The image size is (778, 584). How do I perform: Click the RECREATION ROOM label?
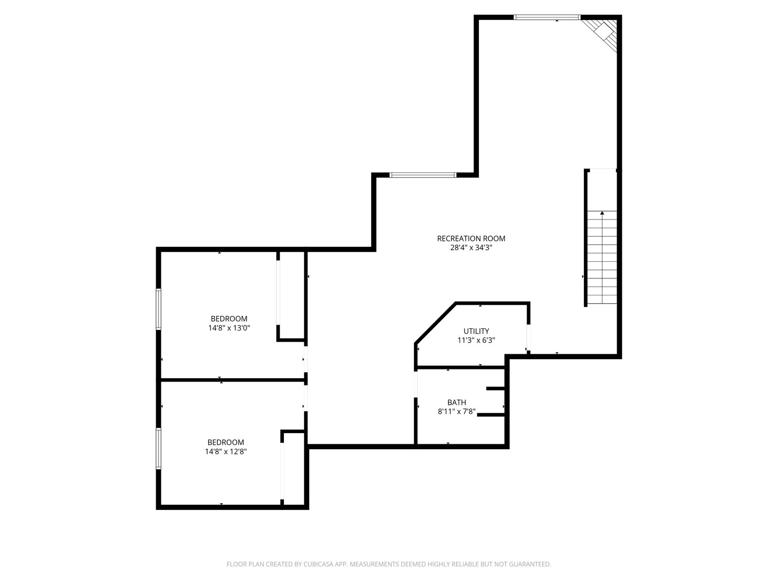click(471, 238)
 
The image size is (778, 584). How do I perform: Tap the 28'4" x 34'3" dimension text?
click(471, 248)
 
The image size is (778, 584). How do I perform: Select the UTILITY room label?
click(476, 331)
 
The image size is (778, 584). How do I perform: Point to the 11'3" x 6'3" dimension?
click(476, 340)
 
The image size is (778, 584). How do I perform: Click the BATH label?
click(457, 402)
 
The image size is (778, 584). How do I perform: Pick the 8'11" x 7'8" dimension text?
click(457, 412)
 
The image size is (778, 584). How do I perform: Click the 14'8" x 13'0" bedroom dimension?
click(229, 328)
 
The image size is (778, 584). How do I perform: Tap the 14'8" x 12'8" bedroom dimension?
click(226, 452)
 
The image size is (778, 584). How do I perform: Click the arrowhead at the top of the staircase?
click(602, 213)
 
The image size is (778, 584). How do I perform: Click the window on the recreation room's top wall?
click(547, 17)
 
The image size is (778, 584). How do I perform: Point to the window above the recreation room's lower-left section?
click(423, 175)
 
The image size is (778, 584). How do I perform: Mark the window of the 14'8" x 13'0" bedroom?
click(159, 309)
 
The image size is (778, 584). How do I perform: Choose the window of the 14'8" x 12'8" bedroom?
click(159, 449)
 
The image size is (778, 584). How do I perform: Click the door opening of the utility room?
click(528, 337)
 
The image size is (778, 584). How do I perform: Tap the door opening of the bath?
click(416, 384)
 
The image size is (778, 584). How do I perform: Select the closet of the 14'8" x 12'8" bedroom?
click(294, 469)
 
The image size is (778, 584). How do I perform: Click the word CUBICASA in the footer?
click(318, 564)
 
